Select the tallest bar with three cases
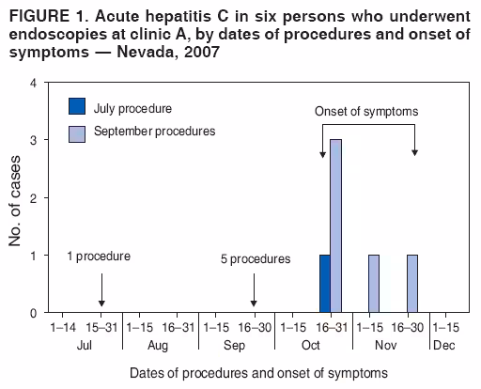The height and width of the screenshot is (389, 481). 336,226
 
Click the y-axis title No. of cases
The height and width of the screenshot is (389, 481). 15,198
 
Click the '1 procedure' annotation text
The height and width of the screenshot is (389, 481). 99,256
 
